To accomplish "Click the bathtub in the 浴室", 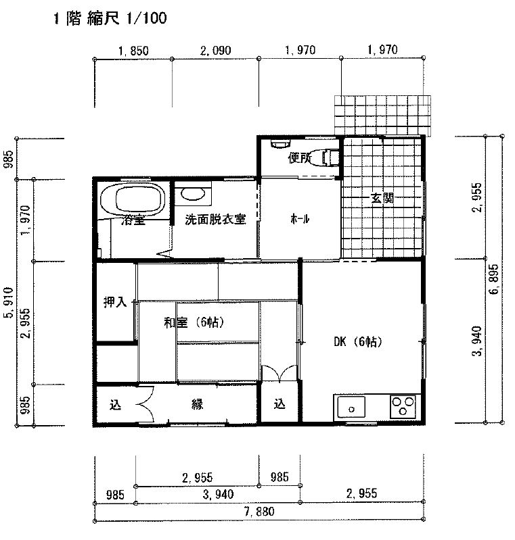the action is tap(133, 199).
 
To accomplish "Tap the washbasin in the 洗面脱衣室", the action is tap(192, 194).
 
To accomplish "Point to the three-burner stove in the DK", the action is tap(403, 407).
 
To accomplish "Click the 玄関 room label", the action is tap(382, 198).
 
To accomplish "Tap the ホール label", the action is tap(300, 219).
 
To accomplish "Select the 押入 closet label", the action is tap(115, 302).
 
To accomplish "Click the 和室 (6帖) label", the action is tap(194, 322).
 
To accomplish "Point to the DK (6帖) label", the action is tap(358, 341).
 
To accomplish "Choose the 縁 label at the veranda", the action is tap(198, 404).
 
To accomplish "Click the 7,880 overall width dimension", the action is tap(259, 512).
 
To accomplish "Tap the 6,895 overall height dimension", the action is tap(494, 279).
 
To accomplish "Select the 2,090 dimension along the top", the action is tap(216, 51).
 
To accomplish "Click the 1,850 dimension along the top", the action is tap(133, 51).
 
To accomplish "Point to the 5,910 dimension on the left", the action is tap(8, 303).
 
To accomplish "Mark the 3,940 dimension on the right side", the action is tap(477, 341).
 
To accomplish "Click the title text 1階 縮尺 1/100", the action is tap(110, 18).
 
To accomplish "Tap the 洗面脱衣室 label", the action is tap(215, 220).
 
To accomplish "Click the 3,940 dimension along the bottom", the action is tap(219, 495).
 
